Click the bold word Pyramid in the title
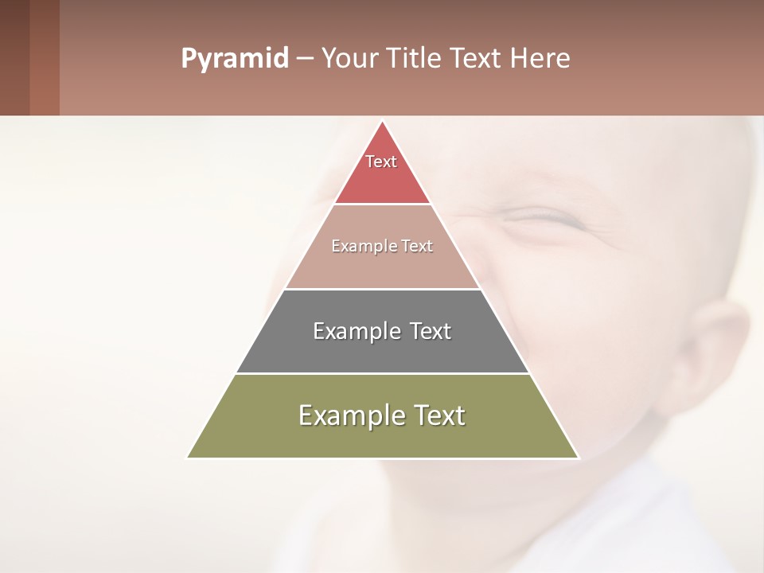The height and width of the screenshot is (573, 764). [235, 59]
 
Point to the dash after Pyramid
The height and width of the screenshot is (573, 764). [304, 59]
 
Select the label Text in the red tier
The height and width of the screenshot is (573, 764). [381, 162]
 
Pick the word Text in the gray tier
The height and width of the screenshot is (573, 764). [431, 331]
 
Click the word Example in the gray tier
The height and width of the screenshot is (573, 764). [355, 331]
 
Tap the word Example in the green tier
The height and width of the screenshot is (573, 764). [349, 415]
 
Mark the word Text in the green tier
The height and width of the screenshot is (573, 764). [439, 415]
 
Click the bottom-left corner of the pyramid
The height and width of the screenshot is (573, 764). [189, 457]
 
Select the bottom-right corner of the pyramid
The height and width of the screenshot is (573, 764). [577, 457]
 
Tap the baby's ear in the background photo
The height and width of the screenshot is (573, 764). [716, 350]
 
